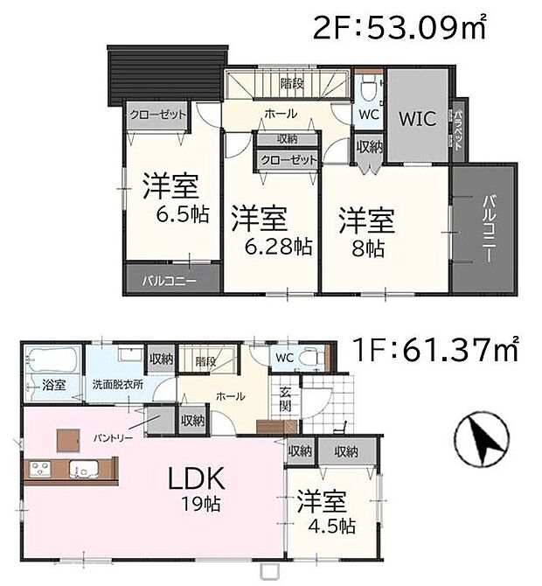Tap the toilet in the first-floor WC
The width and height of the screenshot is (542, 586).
(x=309, y=359)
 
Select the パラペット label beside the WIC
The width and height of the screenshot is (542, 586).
(x=457, y=129)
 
